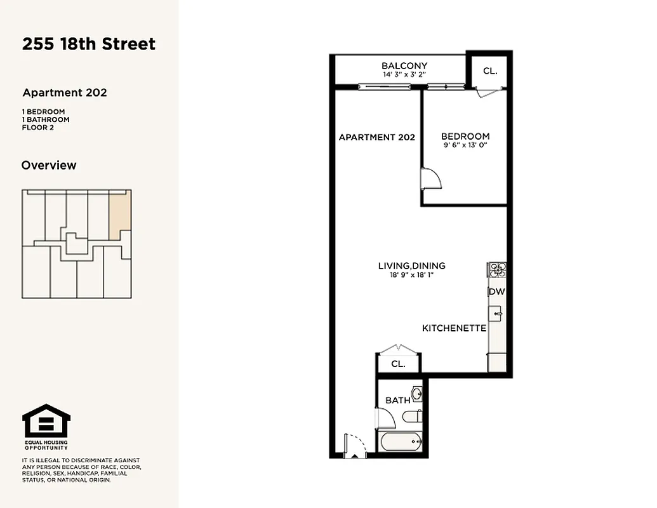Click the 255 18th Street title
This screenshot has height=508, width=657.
89,44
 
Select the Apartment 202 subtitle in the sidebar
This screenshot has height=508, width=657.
65,93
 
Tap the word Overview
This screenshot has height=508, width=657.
49,165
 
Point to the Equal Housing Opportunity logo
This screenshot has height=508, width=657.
46,422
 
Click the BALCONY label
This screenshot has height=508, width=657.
404,66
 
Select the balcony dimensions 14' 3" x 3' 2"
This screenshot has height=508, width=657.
404,75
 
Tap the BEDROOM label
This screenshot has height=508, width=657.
465,137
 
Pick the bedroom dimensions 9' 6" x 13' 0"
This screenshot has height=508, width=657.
465,145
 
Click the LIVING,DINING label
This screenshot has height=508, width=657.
411,266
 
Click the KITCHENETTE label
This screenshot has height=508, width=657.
455,328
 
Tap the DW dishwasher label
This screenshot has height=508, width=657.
496,292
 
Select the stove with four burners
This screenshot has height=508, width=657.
496,271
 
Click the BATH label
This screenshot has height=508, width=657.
398,400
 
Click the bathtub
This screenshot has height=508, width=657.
401,440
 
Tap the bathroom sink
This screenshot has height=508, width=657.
417,394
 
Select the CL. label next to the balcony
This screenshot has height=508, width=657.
490,71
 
